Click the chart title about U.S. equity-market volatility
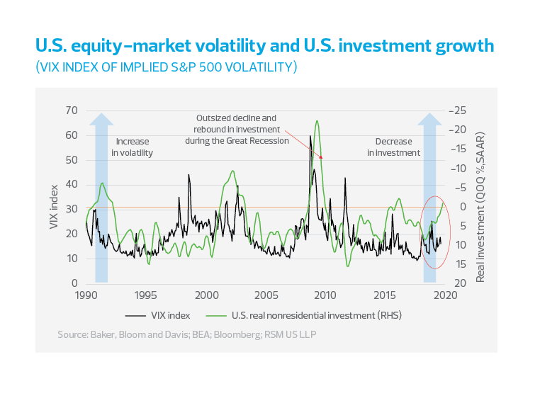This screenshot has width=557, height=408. coord(264,47)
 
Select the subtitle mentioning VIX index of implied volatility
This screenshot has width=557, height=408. coord(166,67)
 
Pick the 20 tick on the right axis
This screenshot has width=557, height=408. coord(458,283)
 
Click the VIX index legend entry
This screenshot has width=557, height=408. coord(157,315)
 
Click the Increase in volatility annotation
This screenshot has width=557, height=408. coord(133,147)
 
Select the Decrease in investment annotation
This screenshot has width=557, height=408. coord(393,147)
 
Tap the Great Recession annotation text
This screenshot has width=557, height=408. coord(237,129)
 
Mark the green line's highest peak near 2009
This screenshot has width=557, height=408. coord(316,121)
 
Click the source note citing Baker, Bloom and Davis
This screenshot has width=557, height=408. coord(187,334)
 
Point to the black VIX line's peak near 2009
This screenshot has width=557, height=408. coord(310,135)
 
